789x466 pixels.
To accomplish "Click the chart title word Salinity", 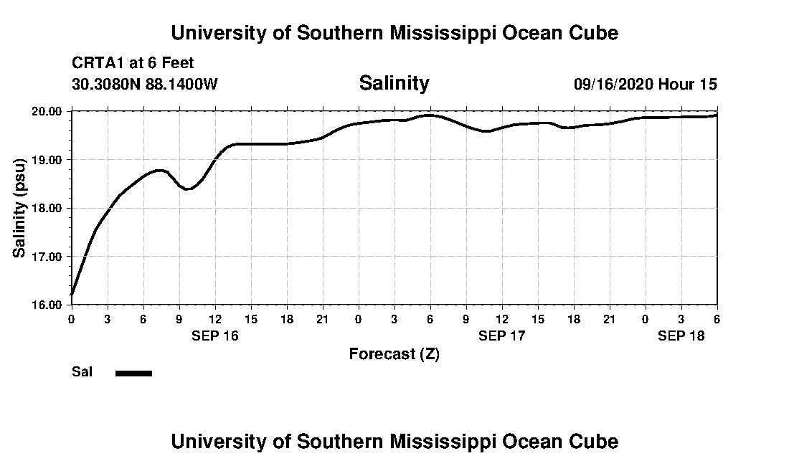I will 394,83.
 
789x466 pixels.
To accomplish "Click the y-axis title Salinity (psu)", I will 19,208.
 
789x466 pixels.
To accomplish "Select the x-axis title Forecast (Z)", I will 394,353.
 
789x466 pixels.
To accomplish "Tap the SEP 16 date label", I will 215,336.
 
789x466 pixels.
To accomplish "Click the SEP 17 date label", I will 502,336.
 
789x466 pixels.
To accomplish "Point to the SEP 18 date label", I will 681,336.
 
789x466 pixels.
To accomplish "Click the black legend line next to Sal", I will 134,373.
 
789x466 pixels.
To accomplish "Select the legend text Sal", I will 82,372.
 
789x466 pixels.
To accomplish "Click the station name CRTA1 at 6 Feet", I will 133,63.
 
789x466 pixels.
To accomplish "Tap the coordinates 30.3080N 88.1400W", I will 145,84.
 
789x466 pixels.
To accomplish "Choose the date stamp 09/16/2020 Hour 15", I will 645,84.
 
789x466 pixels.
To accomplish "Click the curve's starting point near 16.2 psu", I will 72,294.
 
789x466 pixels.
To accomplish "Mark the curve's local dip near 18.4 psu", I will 187,189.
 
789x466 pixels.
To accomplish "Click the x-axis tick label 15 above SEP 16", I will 251,318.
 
